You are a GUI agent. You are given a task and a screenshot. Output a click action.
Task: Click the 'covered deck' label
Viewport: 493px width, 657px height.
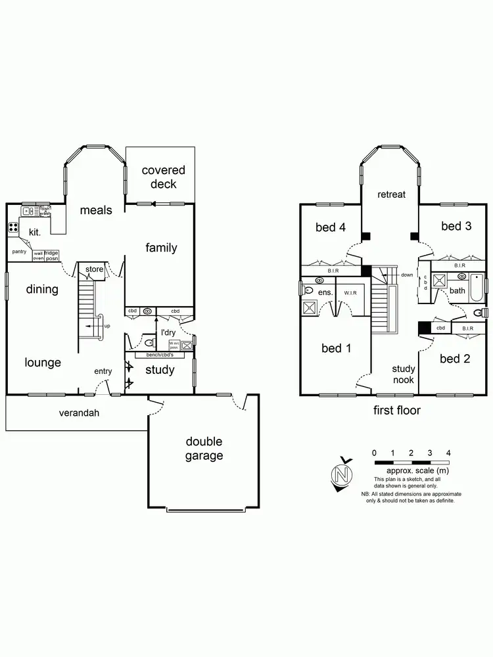coord(163,177)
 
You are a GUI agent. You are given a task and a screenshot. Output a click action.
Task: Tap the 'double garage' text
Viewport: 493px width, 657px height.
coord(203,449)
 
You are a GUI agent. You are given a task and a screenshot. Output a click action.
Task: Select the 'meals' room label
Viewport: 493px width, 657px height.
coord(96,210)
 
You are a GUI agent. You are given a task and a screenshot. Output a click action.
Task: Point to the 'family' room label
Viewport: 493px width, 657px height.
coord(161,248)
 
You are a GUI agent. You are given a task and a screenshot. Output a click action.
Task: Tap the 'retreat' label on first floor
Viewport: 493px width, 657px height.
coord(391,194)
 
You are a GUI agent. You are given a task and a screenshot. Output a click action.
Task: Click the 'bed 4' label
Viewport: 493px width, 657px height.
coord(330,227)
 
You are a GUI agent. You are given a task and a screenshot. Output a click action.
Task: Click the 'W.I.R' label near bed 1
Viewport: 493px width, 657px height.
coord(350,292)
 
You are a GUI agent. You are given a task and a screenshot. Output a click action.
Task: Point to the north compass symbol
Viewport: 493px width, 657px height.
coord(340,473)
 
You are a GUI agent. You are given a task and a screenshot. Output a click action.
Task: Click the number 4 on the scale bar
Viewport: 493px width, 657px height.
coord(448,453)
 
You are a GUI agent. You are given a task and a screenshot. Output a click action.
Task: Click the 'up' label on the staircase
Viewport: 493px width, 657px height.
coord(107,326)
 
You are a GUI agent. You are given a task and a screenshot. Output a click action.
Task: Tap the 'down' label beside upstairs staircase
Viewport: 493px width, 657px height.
coord(407,275)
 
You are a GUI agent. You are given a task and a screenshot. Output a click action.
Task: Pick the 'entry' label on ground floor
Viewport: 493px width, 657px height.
coord(103,371)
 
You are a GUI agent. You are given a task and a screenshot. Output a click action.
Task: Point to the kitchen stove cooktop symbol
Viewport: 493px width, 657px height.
coord(13,228)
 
